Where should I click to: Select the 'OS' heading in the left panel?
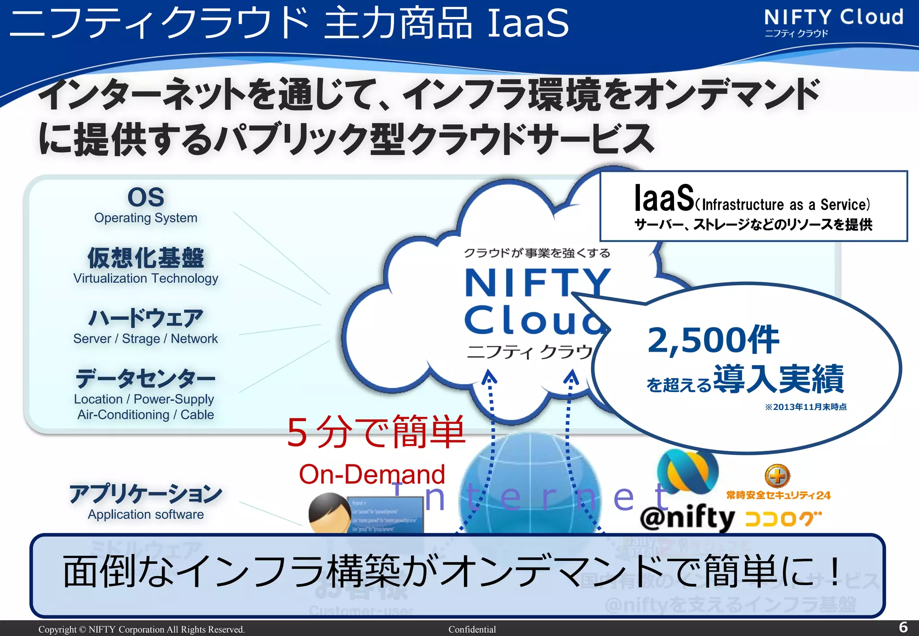[146, 197]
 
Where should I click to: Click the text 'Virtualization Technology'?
[146, 279]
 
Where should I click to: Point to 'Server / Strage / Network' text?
[145, 339]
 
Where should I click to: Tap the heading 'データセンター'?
[145, 379]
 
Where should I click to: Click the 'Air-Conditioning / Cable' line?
[145, 415]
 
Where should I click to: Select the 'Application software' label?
[145, 514]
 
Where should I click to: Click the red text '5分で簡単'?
[376, 432]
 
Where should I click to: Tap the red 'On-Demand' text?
[372, 474]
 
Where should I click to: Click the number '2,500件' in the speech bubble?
[713, 340]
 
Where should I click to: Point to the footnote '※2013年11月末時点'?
[806, 407]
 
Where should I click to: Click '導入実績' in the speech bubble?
[779, 379]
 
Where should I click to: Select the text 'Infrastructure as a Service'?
[783, 205]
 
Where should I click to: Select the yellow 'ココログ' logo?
[783, 519]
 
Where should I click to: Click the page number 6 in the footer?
[903, 627]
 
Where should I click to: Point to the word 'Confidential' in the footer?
[472, 629]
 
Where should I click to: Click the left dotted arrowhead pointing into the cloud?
[489, 377]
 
